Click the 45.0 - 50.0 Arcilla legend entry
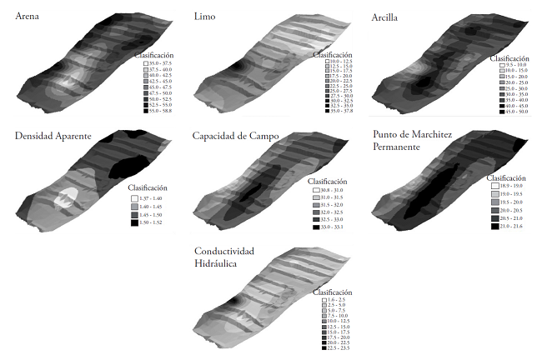coord(511,111)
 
